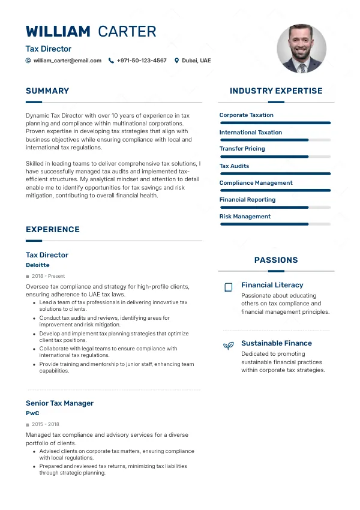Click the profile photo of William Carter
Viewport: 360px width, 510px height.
click(x=301, y=49)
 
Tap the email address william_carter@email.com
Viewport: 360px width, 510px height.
click(x=67, y=61)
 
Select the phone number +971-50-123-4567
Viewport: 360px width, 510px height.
click(x=142, y=61)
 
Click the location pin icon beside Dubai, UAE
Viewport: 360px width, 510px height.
click(x=177, y=61)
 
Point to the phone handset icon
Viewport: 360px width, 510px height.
click(x=111, y=61)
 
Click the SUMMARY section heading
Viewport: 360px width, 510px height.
click(x=47, y=91)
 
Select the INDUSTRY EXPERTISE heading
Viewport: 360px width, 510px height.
click(x=276, y=91)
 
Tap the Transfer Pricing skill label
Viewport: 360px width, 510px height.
click(x=242, y=149)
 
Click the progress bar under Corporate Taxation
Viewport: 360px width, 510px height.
click(x=275, y=123)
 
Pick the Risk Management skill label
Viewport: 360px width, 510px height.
click(x=245, y=217)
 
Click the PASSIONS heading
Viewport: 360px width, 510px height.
click(x=276, y=260)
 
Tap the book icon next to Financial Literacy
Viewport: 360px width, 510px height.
click(x=228, y=287)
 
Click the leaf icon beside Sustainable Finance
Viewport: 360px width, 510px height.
click(x=228, y=346)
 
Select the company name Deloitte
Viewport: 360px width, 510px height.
click(x=38, y=265)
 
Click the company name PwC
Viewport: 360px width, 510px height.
click(x=32, y=413)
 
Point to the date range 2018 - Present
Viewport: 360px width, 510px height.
click(x=48, y=277)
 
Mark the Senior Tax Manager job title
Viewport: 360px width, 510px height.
click(x=59, y=403)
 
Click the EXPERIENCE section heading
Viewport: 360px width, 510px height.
click(x=53, y=229)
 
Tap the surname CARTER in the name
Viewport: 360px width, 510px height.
click(x=127, y=32)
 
